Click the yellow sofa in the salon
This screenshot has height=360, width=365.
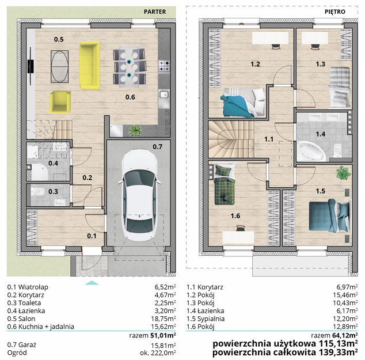90,66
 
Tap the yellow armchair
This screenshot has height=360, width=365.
60,102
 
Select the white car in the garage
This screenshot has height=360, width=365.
139,195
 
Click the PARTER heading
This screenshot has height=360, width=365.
155,12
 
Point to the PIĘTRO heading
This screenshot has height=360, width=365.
335,12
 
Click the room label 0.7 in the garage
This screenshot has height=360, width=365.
157,147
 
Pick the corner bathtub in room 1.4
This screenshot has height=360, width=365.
311,151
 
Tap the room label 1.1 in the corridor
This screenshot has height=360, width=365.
269,139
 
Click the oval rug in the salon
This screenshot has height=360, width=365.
60,67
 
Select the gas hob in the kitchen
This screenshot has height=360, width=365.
164,66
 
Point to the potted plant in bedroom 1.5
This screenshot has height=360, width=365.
343,173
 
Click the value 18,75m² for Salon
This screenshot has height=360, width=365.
165,319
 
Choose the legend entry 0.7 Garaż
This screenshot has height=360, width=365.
22,345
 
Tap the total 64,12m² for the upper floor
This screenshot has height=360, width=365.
344,335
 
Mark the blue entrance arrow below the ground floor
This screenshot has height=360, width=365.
92,283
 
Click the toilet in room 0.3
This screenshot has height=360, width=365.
38,192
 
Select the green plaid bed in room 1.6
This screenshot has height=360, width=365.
224,184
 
